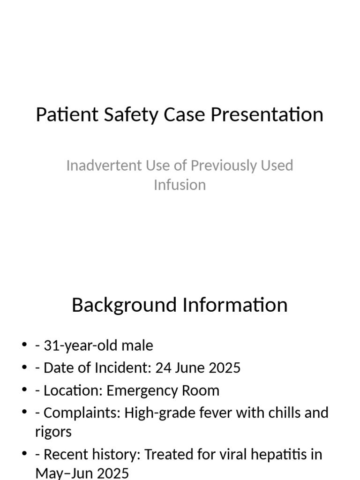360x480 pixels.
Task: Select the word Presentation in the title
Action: click(267, 115)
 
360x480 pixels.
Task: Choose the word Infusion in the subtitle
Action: click(180, 185)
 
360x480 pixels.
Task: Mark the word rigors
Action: click(53, 432)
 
